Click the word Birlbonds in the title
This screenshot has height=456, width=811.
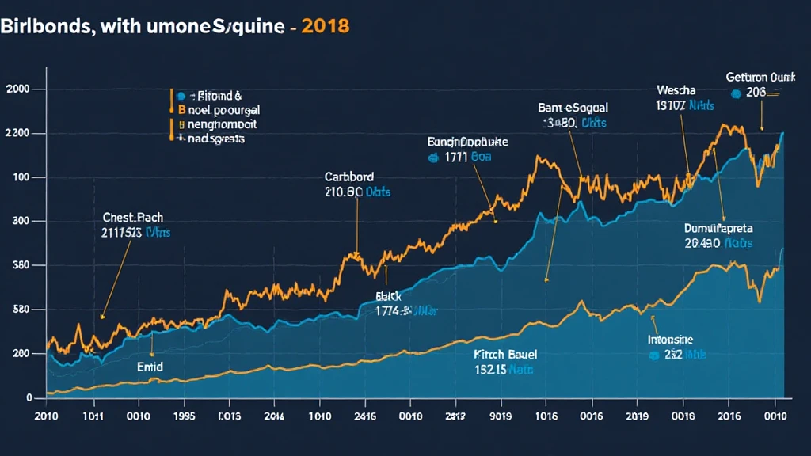44,25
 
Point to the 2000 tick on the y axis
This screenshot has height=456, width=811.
17,89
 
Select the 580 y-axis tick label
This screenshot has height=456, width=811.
17,310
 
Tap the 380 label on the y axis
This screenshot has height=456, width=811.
17,266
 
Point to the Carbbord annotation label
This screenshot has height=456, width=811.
349,177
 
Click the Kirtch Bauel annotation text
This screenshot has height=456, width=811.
495,355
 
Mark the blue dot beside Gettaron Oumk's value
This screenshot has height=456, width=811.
736,93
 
